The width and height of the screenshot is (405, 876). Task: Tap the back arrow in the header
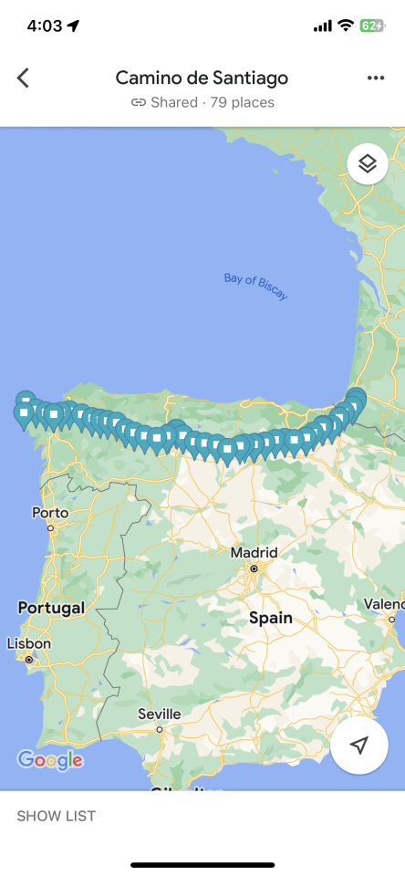(x=23, y=78)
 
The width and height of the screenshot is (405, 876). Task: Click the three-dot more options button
(x=376, y=78)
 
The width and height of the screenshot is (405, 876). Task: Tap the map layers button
(x=368, y=164)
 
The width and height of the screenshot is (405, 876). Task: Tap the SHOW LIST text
(x=56, y=816)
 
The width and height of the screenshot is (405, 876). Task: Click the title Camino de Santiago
(x=202, y=78)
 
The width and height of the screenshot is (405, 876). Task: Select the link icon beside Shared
(x=139, y=102)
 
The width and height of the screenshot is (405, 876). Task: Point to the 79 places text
(x=242, y=102)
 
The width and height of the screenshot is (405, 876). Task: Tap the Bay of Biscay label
(x=256, y=286)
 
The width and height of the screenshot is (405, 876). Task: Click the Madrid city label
(x=254, y=552)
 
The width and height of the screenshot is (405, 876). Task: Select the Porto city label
(x=50, y=513)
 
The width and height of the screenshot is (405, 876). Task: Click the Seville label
(x=160, y=714)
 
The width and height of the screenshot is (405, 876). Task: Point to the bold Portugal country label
(x=51, y=608)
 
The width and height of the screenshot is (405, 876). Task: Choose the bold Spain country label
(x=271, y=618)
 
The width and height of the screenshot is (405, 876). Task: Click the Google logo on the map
(x=50, y=759)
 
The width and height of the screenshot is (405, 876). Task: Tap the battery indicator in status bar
(x=372, y=26)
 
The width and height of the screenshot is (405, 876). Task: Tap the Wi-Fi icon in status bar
(x=346, y=26)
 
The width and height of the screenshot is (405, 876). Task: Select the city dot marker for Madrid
(x=254, y=568)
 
